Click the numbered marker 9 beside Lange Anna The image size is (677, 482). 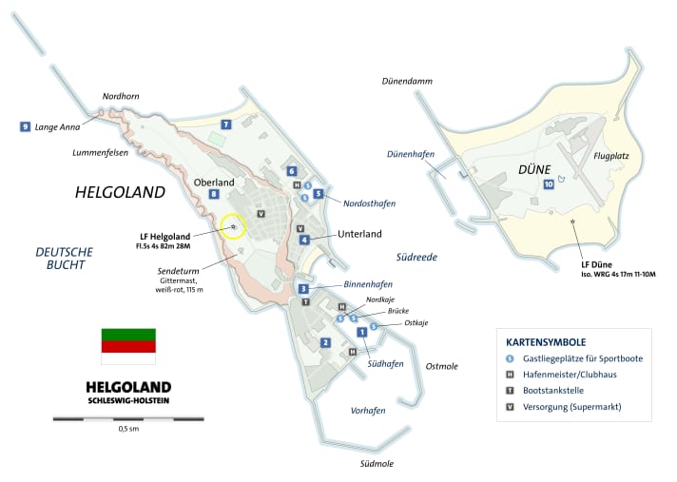click(x=25, y=126)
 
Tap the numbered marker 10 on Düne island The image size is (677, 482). click(x=549, y=184)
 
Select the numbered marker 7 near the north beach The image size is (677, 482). click(x=226, y=125)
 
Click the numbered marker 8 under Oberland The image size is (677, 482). click(x=215, y=195)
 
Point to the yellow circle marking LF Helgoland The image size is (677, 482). click(x=233, y=226)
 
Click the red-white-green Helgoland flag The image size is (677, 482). click(x=127, y=346)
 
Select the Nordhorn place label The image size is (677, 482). click(x=121, y=96)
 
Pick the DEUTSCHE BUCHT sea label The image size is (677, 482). click(x=64, y=258)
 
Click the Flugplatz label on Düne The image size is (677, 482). click(x=612, y=154)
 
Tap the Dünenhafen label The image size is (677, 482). click(x=412, y=153)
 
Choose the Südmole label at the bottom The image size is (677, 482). click(x=377, y=464)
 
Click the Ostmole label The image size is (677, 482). click(x=442, y=366)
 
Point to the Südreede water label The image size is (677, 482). click(x=417, y=257)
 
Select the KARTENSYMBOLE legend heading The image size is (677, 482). click(x=545, y=342)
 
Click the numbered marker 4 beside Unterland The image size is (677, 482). click(x=304, y=240)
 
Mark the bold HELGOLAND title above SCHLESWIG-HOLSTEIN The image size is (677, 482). click(x=127, y=387)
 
